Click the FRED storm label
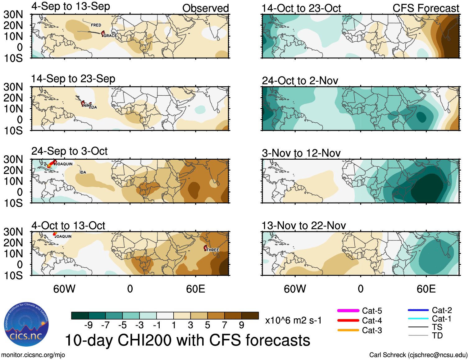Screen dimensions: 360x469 coord(96,25)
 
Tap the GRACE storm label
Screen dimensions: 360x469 coord(110,36)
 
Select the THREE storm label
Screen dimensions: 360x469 coord(213,250)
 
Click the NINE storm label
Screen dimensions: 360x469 coord(87,106)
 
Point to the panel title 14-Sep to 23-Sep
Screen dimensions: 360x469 coord(73,79)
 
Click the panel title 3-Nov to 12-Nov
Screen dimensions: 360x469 coord(301,153)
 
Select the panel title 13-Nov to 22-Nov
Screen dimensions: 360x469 coord(303,226)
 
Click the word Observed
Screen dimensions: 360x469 coord(205,8)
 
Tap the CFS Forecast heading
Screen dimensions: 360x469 coord(426,8)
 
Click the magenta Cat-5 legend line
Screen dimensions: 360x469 coord(348,311)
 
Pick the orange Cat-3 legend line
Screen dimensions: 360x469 coord(348,330)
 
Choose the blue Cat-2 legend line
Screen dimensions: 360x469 coord(418,310)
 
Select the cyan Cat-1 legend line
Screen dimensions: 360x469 coord(418,318)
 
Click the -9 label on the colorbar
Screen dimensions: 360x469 coord(89,325)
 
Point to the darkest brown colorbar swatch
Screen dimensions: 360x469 coord(250,316)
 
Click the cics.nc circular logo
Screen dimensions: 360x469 coord(26,325)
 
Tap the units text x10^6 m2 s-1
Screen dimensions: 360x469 coord(293,321)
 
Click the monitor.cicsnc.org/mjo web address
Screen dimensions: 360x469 coord(33,355)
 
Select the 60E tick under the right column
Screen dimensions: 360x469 coord(426,289)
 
